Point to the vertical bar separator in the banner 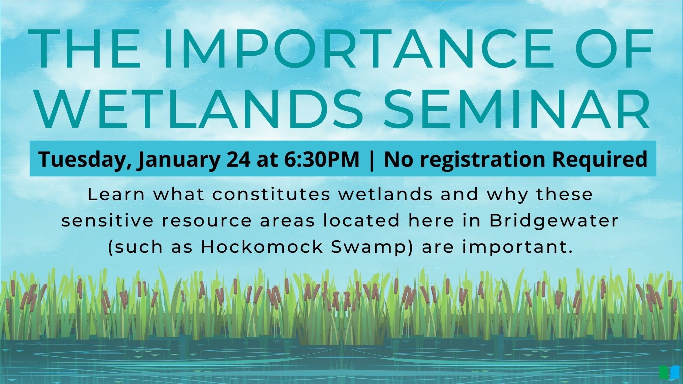point(372,160)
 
